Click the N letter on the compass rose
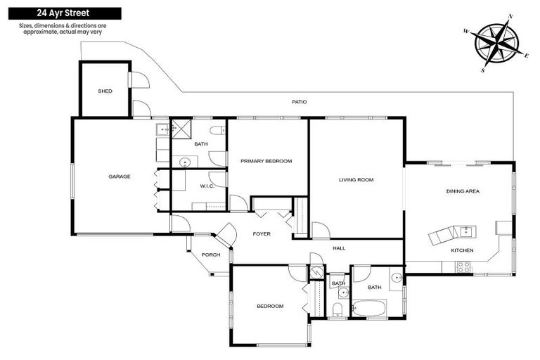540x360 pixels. [x=510, y=15]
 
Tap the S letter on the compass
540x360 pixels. [x=483, y=70]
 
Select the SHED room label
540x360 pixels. [x=105, y=91]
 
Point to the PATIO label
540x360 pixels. [x=300, y=102]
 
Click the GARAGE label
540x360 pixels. [x=119, y=176]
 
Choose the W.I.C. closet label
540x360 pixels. [x=206, y=186]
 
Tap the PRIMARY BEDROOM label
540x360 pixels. [x=266, y=161]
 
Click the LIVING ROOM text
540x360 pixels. [x=356, y=179]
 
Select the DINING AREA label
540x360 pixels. [x=462, y=191]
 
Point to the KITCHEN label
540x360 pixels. [x=462, y=250]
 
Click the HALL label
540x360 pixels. [x=339, y=247]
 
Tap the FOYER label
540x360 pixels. [x=262, y=233]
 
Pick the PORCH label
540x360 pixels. [x=211, y=255]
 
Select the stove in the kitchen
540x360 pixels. [x=464, y=266]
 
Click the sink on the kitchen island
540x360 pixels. [x=464, y=230]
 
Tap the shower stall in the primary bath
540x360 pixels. [x=181, y=129]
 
